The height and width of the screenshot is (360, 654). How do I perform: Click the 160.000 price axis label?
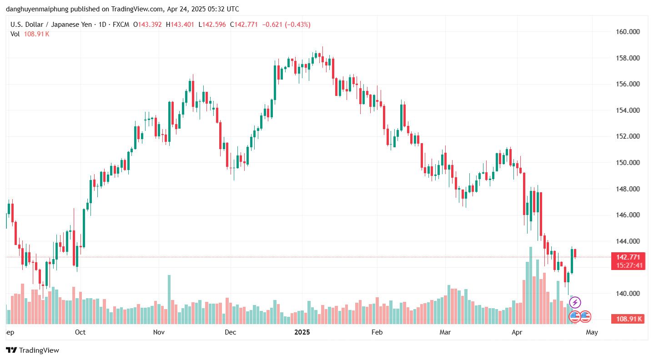tap(627, 32)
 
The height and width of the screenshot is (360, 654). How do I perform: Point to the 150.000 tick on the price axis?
tap(627, 163)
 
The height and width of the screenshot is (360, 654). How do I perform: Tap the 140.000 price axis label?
tap(627, 294)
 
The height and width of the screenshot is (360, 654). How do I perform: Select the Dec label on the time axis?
tap(231, 332)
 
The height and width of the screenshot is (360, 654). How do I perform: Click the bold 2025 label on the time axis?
tap(302, 332)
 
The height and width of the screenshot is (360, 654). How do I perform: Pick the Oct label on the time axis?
tap(80, 332)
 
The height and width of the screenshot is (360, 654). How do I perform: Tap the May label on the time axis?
tap(592, 332)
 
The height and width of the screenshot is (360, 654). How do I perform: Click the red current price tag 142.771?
tap(628, 257)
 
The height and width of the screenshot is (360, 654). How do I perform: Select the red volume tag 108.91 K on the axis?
tap(628, 319)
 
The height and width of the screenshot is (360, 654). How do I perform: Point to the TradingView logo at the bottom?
tap(32, 350)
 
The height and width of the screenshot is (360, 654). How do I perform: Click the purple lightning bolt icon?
tap(575, 302)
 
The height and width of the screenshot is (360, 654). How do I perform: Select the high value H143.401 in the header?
tap(181, 25)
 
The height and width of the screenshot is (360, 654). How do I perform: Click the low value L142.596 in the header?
tap(212, 25)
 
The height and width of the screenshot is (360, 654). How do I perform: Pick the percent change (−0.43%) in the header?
tap(297, 25)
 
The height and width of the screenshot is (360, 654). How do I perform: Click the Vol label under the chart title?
tap(15, 34)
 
